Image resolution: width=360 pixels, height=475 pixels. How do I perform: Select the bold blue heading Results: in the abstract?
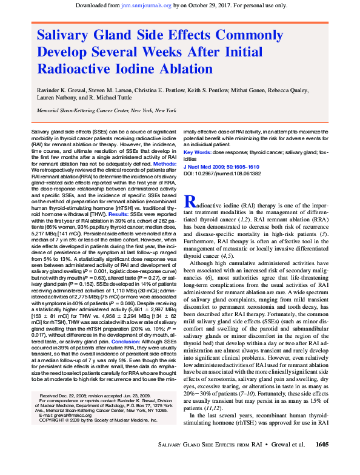click(x=118, y=214)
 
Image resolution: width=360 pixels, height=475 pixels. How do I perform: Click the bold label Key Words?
click(x=196, y=152)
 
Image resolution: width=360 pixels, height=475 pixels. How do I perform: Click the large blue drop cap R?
click(x=189, y=203)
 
